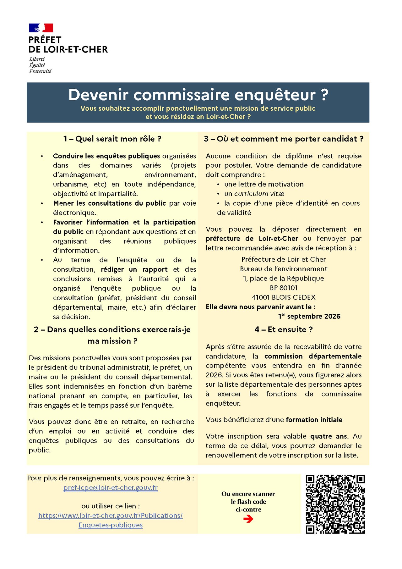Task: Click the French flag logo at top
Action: (x=41, y=28)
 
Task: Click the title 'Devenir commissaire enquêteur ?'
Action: (x=198, y=95)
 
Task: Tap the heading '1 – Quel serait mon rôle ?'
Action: (x=112, y=139)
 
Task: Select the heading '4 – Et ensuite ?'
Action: (x=284, y=329)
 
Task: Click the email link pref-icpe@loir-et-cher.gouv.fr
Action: (x=111, y=488)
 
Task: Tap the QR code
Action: (x=335, y=504)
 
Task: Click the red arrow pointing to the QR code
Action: (x=248, y=519)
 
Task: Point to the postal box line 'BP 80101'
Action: (x=284, y=288)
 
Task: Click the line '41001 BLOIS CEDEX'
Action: (x=284, y=297)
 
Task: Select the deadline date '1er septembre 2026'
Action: (x=309, y=316)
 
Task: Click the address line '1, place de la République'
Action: (x=284, y=278)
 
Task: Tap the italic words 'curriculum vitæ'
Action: (x=259, y=194)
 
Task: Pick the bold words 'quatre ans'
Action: (x=329, y=436)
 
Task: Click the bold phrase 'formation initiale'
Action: (x=314, y=420)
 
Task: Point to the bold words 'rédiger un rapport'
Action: (x=134, y=269)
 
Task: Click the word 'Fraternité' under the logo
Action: (x=40, y=71)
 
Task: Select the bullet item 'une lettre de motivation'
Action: (x=264, y=184)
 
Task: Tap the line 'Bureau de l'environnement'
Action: (x=284, y=269)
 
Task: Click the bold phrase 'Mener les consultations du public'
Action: (x=109, y=203)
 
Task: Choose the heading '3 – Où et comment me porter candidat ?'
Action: (x=284, y=139)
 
